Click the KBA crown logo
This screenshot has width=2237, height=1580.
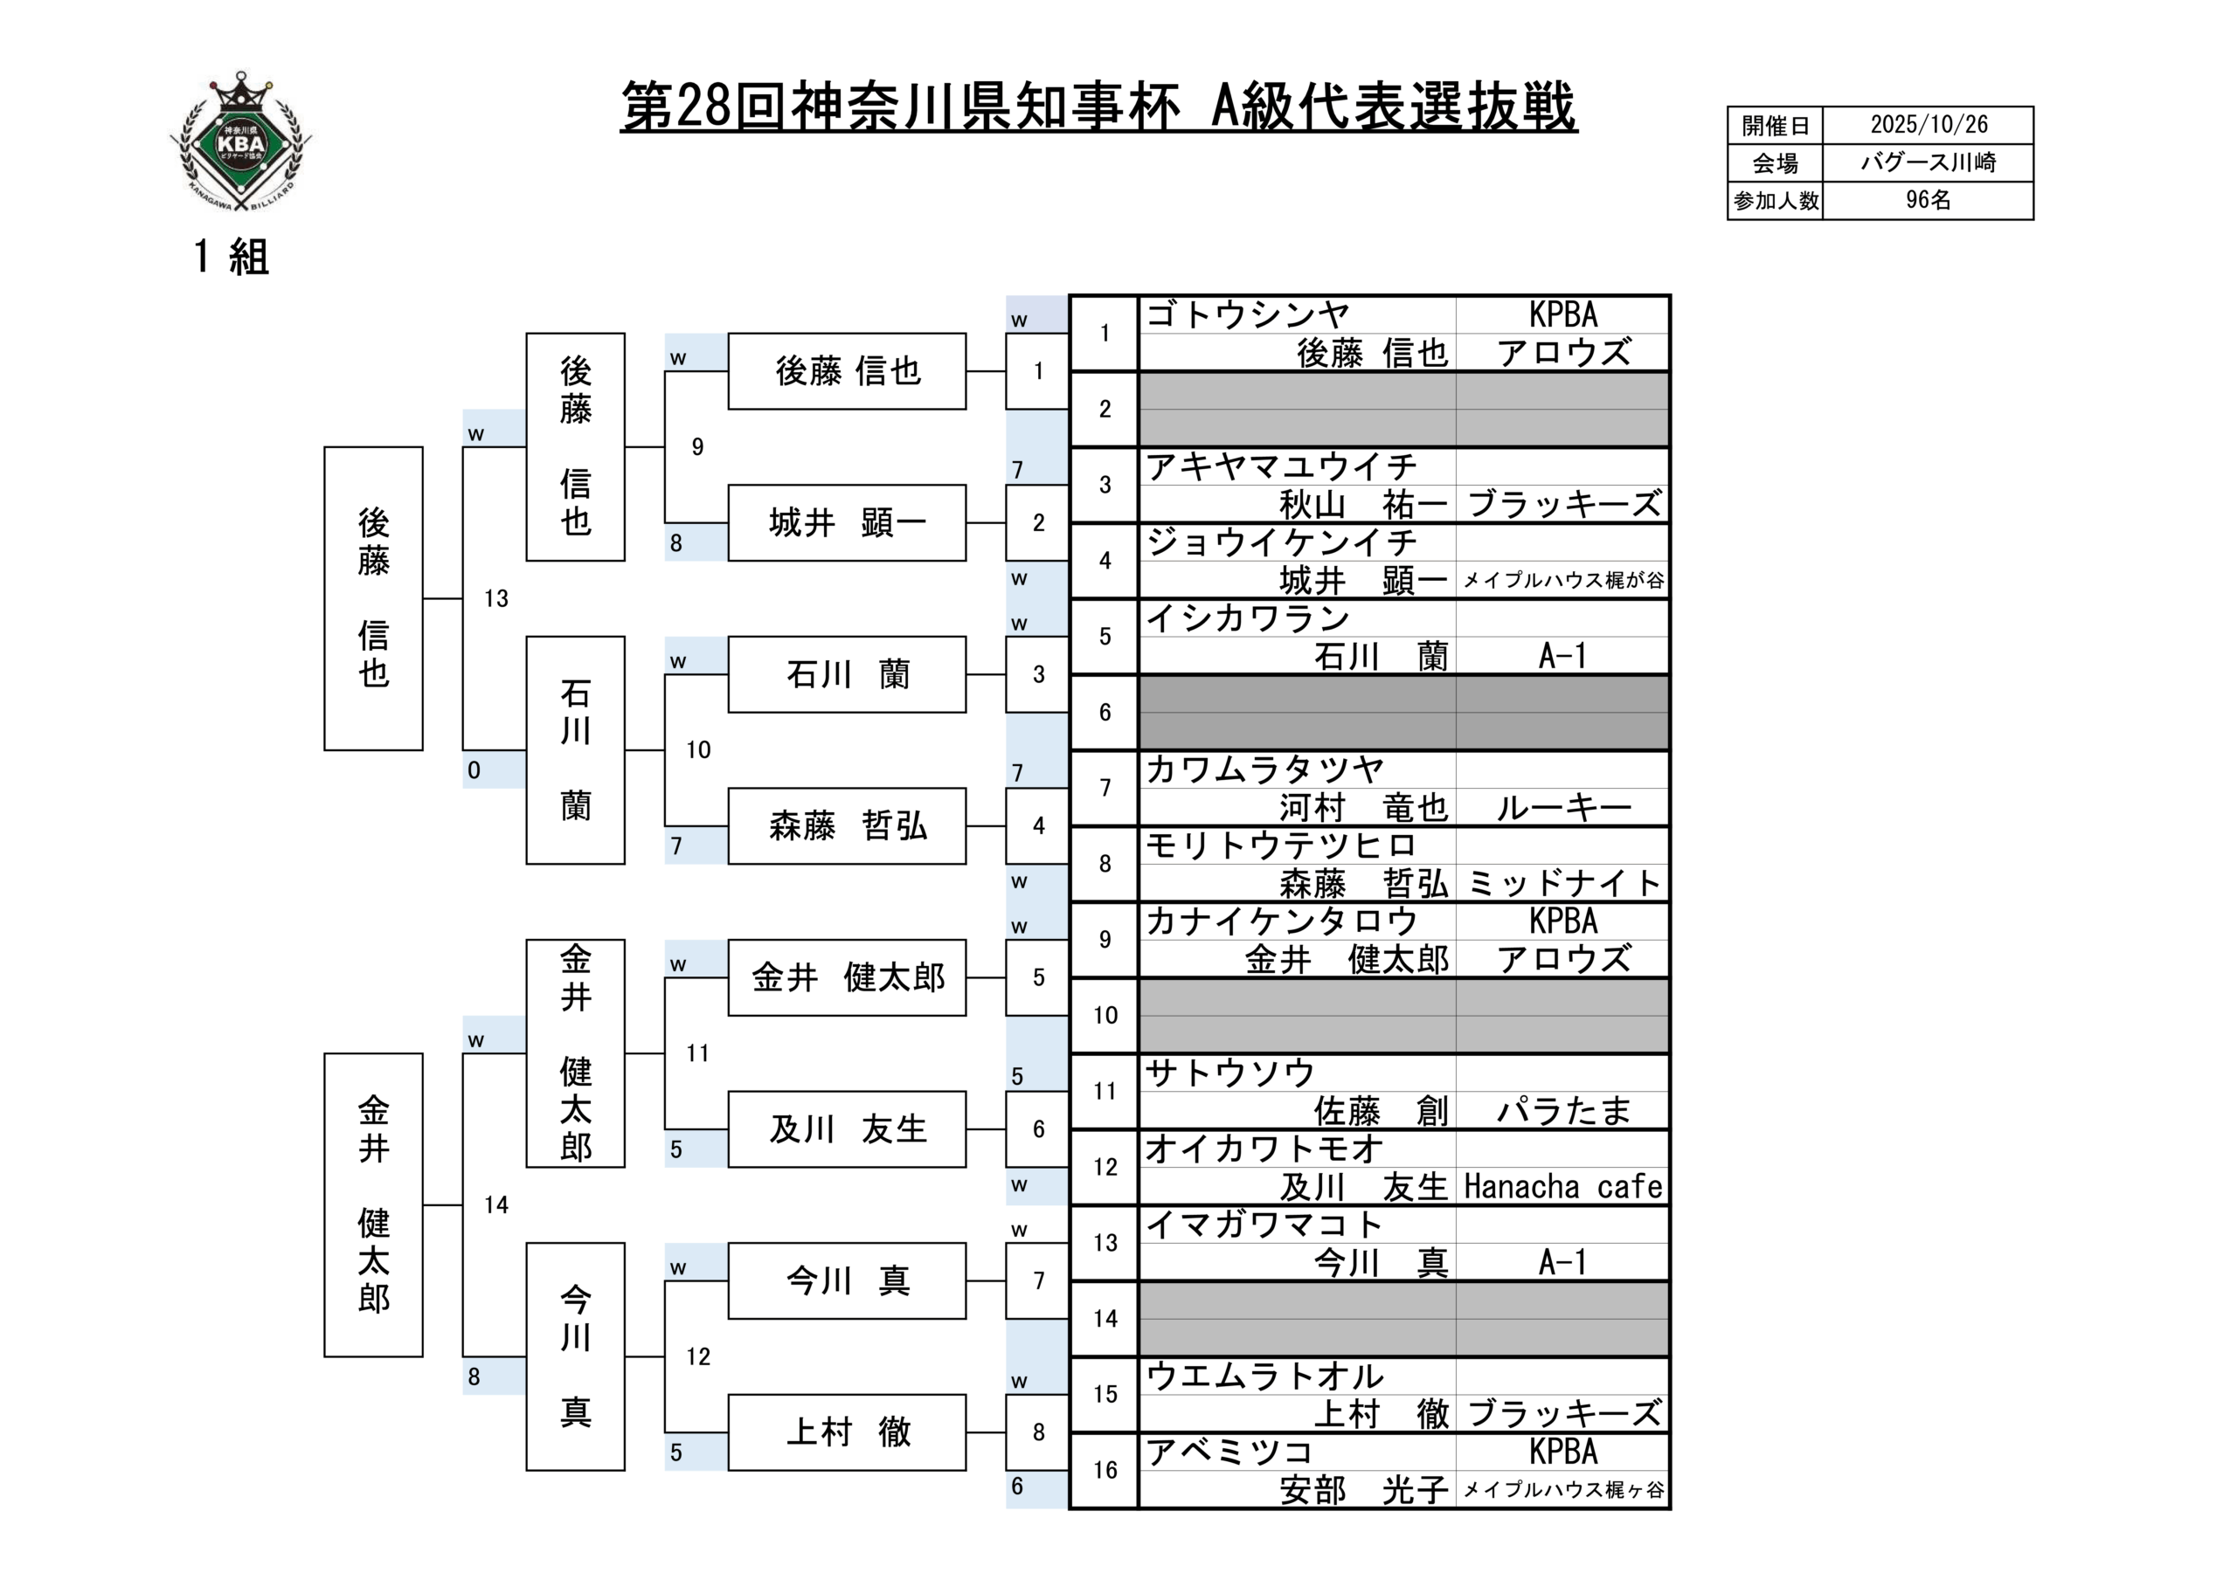click(x=240, y=141)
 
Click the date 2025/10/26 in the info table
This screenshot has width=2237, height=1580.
click(x=1929, y=125)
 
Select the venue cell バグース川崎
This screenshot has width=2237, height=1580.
click(x=1929, y=162)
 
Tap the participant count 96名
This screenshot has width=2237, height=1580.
click(x=1929, y=201)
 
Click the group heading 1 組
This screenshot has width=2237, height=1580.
click(x=231, y=257)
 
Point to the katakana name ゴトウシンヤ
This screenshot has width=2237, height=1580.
click(x=1247, y=314)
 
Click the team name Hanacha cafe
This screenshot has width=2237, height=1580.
click(x=1562, y=1186)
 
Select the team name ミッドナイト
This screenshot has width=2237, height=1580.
click(x=1562, y=884)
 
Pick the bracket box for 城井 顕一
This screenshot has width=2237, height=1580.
click(x=847, y=523)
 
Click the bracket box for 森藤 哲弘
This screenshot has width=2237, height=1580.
click(x=847, y=826)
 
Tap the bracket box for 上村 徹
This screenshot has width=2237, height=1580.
click(x=847, y=1432)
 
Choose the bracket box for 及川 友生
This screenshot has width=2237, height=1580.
click(x=847, y=1129)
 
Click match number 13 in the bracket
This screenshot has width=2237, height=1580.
click(x=496, y=598)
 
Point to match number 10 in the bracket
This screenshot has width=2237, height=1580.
click(x=697, y=750)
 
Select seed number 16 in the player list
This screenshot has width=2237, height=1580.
click(x=1105, y=1470)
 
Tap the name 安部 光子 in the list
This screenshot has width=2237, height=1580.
click(x=1363, y=1489)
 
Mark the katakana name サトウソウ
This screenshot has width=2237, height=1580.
click(x=1229, y=1073)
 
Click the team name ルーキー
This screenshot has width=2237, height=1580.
click(x=1562, y=808)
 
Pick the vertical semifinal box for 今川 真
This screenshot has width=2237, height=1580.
click(x=575, y=1356)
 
